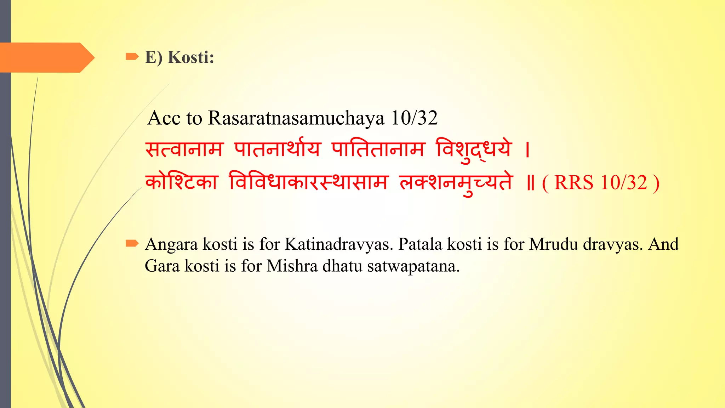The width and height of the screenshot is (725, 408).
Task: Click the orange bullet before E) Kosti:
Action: coord(132,56)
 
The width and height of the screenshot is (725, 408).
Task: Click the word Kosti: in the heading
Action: coord(191,57)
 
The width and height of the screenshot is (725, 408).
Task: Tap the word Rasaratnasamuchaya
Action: coord(296,118)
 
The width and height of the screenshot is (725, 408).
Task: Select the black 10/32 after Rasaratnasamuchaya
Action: coord(414,118)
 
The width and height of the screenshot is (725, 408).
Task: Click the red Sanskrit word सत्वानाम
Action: coord(184,149)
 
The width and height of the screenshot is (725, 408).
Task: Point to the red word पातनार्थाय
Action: coord(277,148)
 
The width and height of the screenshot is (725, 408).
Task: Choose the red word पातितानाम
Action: coord(377,149)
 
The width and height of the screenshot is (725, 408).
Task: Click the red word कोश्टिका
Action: coord(182,182)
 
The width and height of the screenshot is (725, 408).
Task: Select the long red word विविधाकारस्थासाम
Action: coord(309,182)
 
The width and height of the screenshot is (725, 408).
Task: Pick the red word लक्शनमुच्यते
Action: coord(456,183)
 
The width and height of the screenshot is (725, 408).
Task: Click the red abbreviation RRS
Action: coord(573,183)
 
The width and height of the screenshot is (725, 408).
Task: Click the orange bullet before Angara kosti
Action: coord(132,243)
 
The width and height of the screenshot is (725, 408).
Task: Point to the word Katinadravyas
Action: coord(339,244)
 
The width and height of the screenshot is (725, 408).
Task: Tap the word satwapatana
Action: coord(413,266)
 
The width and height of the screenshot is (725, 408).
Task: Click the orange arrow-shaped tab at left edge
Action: coord(46,57)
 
